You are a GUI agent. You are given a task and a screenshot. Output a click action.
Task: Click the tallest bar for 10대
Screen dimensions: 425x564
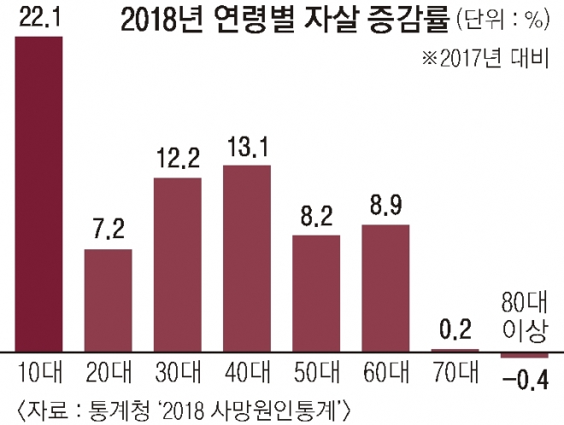38,194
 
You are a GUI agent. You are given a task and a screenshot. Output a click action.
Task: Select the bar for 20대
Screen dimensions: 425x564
108,300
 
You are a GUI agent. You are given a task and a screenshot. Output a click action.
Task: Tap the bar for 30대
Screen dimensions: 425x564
177,264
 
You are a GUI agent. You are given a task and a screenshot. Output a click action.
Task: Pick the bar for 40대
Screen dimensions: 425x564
247,257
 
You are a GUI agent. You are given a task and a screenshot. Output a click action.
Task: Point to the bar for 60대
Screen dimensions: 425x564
385,288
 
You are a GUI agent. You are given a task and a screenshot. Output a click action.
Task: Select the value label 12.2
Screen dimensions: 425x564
177,158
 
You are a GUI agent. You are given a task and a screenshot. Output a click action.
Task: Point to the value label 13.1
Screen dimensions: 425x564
247,146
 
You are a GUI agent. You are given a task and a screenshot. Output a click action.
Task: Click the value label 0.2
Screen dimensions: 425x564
455,330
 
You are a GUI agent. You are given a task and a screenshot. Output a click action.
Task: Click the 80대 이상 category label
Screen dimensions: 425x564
524,317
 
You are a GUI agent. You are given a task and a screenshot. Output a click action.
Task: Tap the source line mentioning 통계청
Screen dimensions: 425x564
183,404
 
